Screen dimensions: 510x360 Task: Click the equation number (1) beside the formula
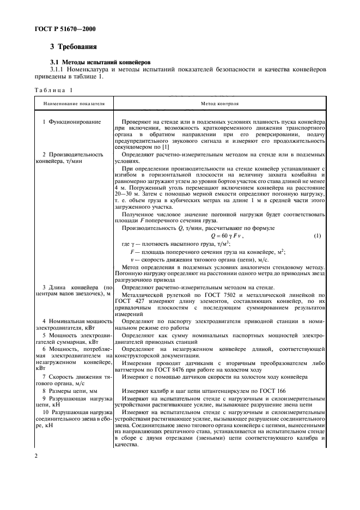[318, 236]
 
